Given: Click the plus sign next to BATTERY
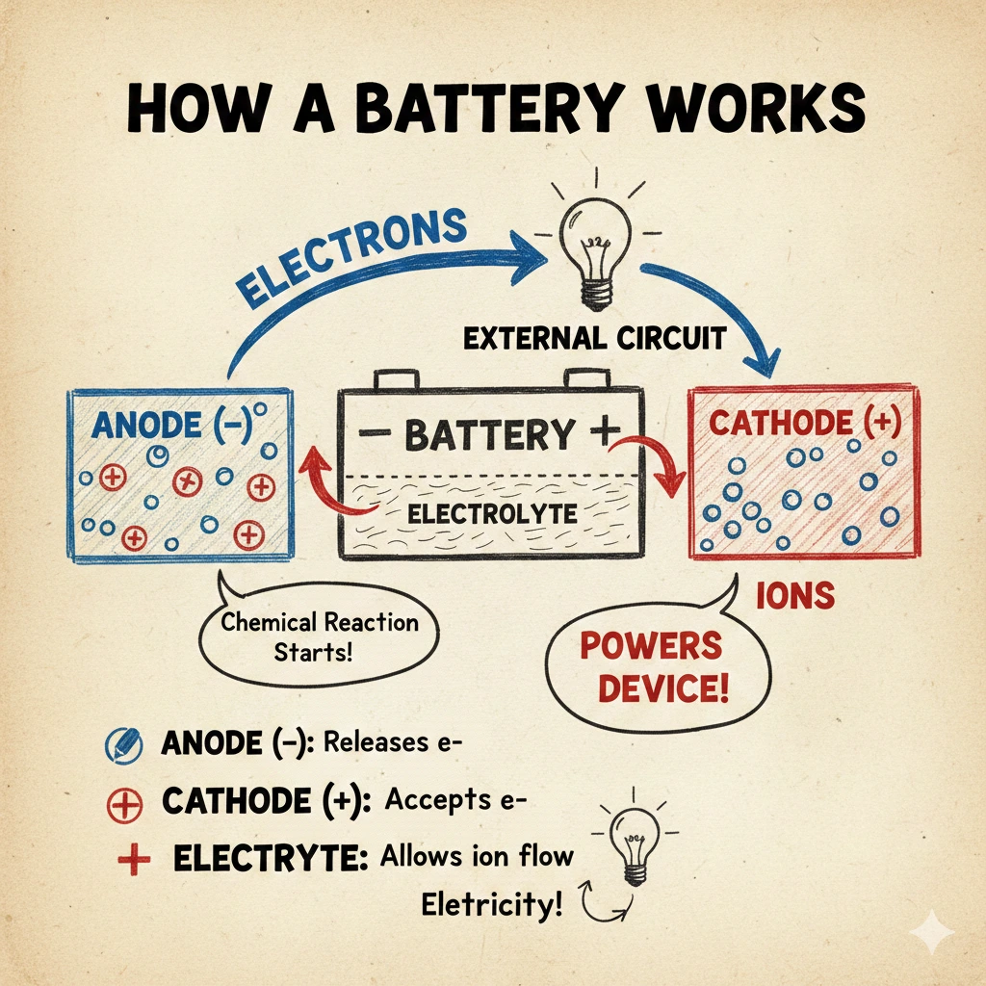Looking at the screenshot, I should coord(600,431).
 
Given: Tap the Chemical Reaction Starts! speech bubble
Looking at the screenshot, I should coord(319,636).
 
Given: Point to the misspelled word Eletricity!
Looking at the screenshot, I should coord(490,905).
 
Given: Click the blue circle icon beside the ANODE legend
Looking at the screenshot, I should coord(122,744).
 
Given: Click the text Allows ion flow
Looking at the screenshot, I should coord(478,856).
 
